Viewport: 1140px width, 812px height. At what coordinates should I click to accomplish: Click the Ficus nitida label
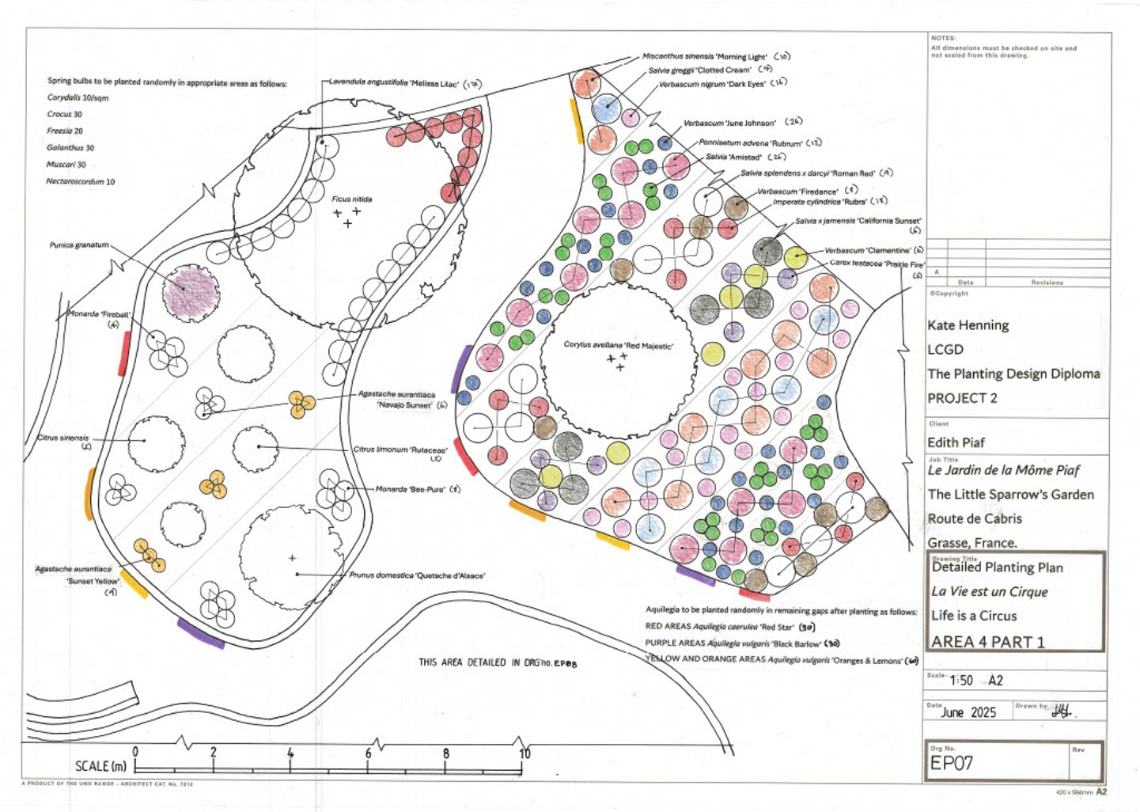point(351,199)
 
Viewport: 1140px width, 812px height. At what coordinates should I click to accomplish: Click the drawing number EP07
point(951,763)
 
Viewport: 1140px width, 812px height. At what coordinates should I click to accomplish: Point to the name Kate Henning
point(968,325)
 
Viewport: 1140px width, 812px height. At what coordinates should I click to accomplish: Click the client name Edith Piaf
point(956,442)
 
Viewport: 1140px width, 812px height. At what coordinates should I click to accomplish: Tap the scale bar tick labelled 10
point(525,754)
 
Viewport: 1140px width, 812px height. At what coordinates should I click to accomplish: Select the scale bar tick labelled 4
point(290,754)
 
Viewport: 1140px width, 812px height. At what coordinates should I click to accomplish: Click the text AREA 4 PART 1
point(987,642)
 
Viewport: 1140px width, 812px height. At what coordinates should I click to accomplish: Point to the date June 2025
point(968,712)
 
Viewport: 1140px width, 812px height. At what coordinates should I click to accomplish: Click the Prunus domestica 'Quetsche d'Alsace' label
point(417,575)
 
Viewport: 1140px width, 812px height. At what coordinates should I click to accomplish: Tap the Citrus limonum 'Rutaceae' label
point(400,450)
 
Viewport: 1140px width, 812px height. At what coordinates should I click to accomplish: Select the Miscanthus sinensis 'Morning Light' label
point(704,56)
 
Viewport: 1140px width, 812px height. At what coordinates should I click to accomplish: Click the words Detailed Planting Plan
point(997,567)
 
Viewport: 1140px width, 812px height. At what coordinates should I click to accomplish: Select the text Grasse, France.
point(972,543)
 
